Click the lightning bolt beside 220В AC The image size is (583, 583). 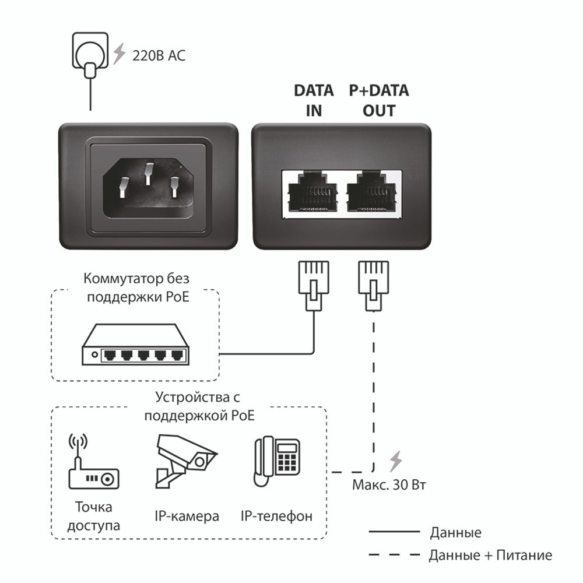click(120, 54)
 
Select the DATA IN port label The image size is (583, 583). click(314, 100)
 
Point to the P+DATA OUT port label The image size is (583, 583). click(379, 100)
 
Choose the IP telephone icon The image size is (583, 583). click(277, 461)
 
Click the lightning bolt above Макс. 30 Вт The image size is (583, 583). click(396, 461)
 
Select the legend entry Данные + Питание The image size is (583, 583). click(490, 555)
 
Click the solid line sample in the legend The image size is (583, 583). click(394, 532)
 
